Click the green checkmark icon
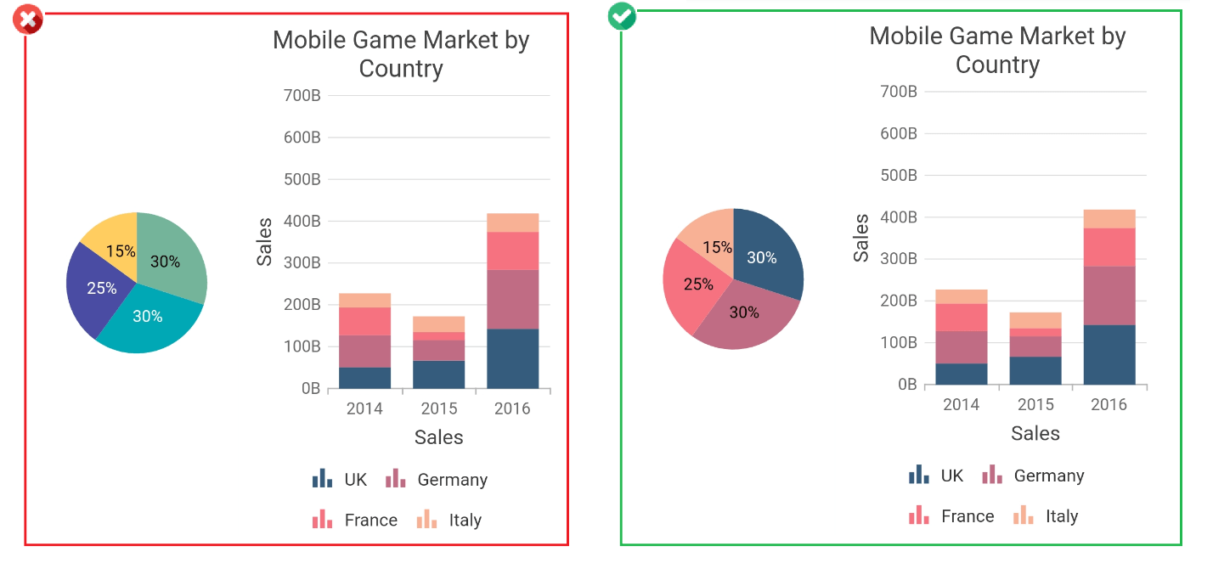point(622,16)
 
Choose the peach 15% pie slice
point(710,239)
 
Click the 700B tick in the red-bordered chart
point(302,95)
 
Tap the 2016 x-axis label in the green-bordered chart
point(1109,404)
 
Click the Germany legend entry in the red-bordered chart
point(437,480)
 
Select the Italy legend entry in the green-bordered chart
point(1046,516)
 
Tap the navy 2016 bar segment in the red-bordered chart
point(513,358)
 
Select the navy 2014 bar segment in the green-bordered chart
point(962,374)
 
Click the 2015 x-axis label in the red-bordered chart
point(439,408)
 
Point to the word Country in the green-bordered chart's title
point(997,65)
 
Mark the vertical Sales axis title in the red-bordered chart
point(265,242)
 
